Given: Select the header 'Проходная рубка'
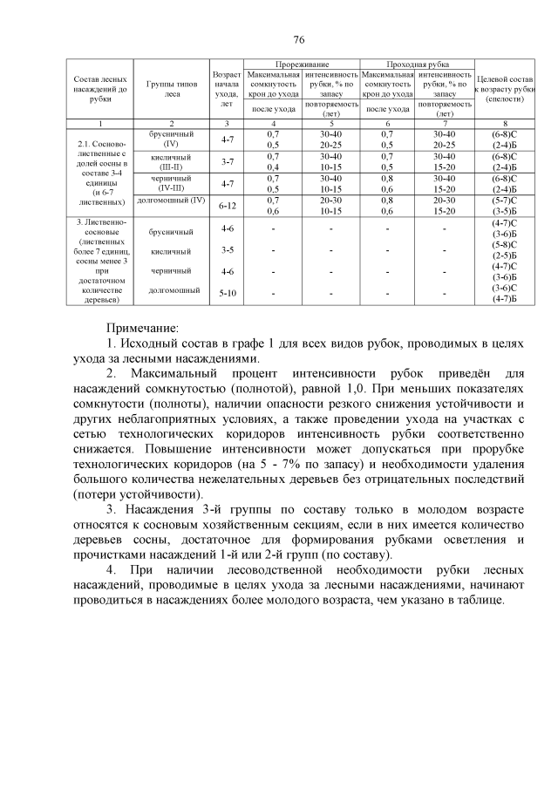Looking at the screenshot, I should pos(415,65).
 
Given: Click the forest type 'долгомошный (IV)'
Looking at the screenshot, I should pos(172,201).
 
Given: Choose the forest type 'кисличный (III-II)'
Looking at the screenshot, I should pos(172,161).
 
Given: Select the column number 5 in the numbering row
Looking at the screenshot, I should pos(330,124).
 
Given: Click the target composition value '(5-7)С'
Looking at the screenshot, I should pos(506,201).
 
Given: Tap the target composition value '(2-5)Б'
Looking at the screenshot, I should pos(506,255).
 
